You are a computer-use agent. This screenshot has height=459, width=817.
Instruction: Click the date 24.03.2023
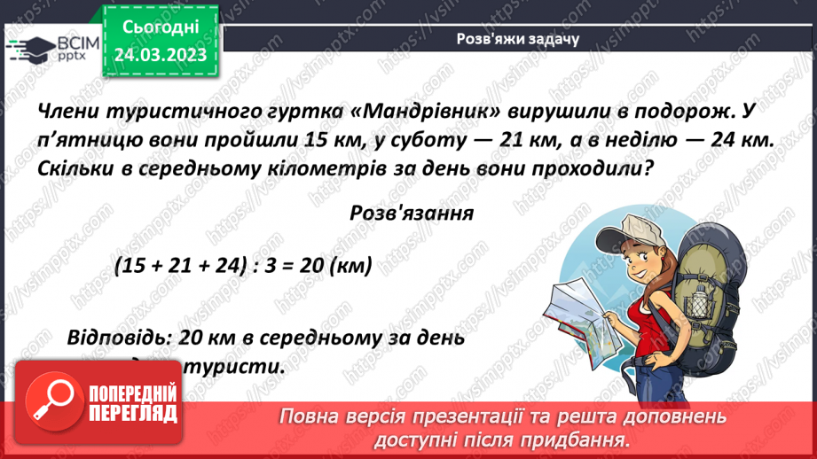[161, 55]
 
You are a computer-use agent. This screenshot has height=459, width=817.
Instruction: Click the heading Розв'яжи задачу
[517, 38]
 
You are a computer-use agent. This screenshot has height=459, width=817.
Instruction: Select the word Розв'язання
[412, 214]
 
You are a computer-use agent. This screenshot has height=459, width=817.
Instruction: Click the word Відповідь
[117, 338]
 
